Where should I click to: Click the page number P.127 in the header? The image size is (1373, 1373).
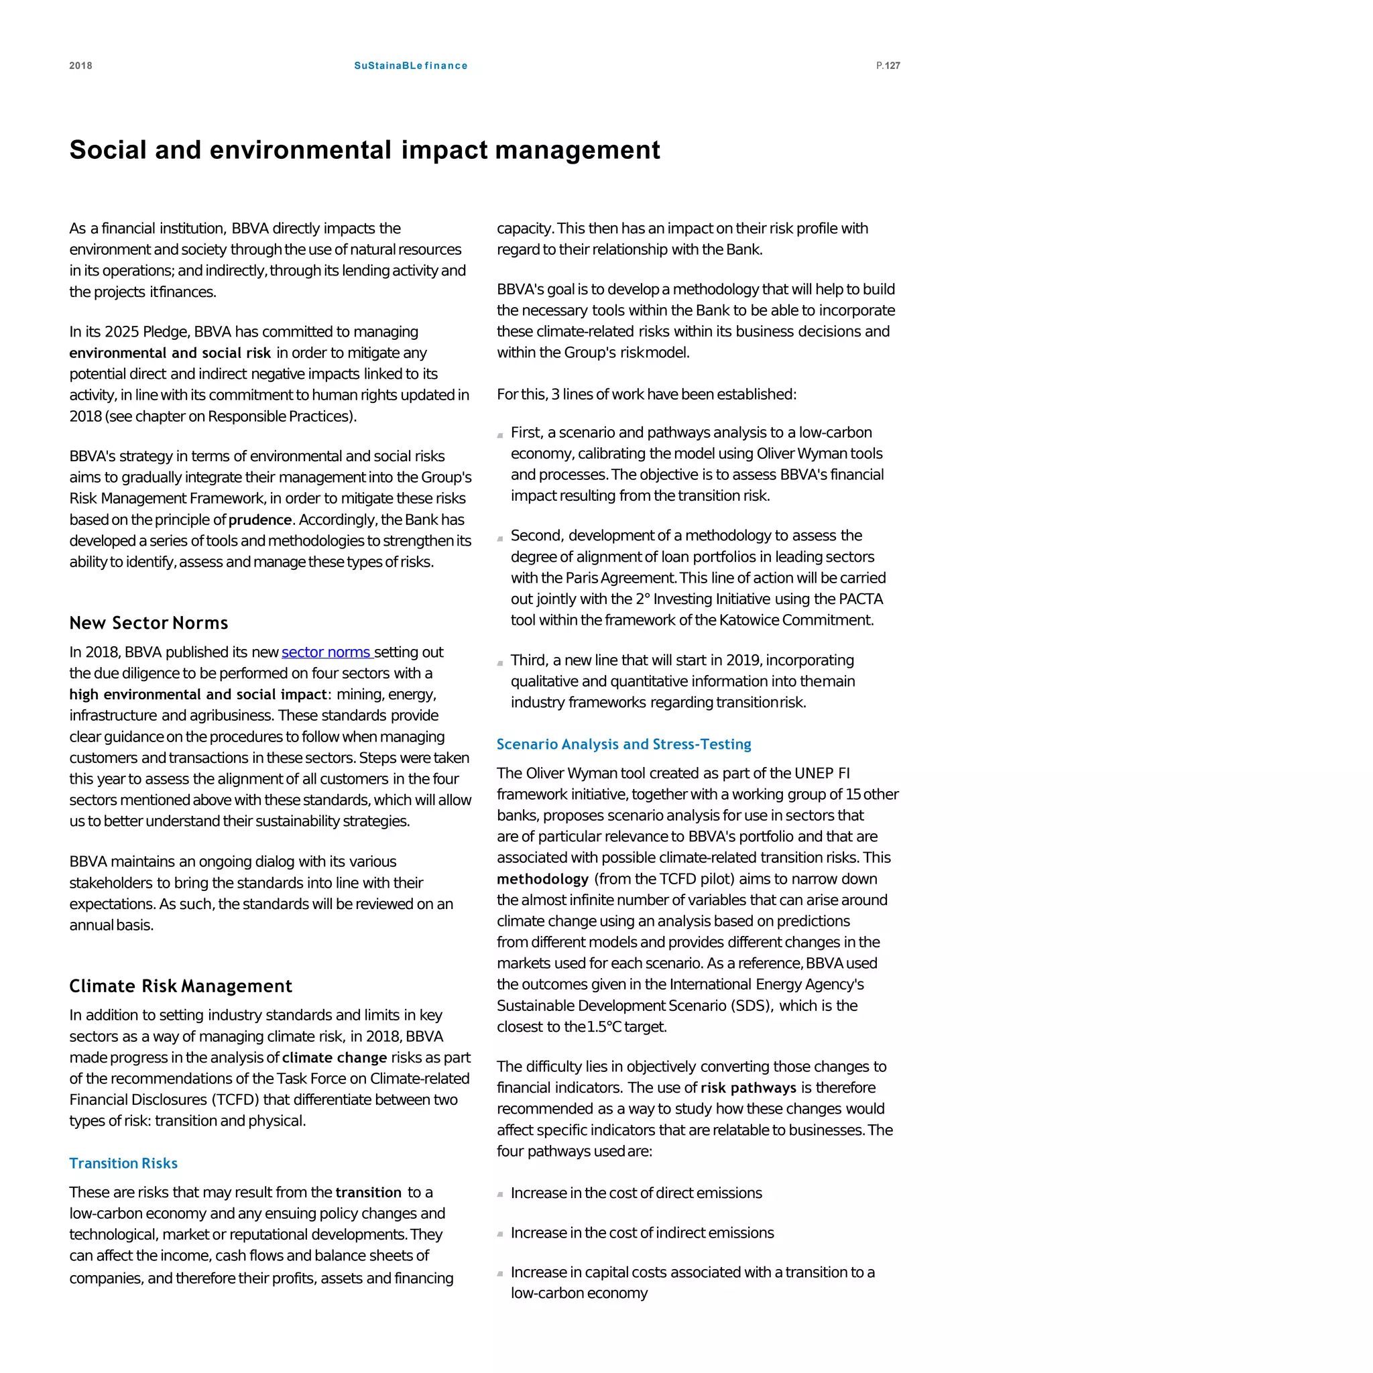pyautogui.click(x=888, y=66)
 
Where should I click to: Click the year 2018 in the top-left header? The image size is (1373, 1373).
pyautogui.click(x=80, y=66)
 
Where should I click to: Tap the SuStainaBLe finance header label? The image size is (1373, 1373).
pyautogui.click(x=411, y=66)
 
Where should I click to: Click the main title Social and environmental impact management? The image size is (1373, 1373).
pyautogui.click(x=365, y=150)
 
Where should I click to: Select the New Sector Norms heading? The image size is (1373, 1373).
pyautogui.click(x=149, y=623)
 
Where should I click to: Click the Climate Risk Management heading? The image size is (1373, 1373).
pyautogui.click(x=180, y=986)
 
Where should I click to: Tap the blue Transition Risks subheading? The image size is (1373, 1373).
pyautogui.click(x=123, y=1162)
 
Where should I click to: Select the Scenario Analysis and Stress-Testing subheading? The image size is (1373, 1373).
pyautogui.click(x=623, y=743)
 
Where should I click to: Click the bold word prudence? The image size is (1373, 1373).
pyautogui.click(x=260, y=520)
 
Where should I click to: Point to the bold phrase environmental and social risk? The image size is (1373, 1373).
pyautogui.click(x=170, y=353)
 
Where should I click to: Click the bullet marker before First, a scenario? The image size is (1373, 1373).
pyautogui.click(x=500, y=434)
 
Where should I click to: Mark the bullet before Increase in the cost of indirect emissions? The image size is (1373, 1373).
pyautogui.click(x=500, y=1234)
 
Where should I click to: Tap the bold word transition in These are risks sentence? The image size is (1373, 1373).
pyautogui.click(x=368, y=1192)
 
